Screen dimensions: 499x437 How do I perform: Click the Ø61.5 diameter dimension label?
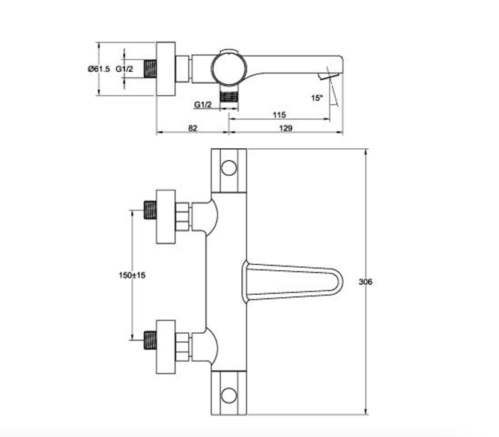[x=99, y=69]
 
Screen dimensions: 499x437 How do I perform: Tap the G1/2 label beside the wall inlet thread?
[x=124, y=69]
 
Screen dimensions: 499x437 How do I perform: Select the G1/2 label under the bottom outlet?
[x=203, y=105]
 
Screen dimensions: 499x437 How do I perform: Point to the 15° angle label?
[x=317, y=97]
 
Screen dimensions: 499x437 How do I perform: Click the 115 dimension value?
[x=279, y=114]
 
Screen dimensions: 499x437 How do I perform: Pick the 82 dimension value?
[x=193, y=128]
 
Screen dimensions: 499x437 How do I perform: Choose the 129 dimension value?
[x=285, y=128]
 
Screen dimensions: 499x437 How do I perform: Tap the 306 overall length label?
[x=366, y=281]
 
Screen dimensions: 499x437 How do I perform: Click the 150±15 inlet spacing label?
[x=132, y=275]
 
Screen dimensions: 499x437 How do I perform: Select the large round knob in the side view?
[x=229, y=69]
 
